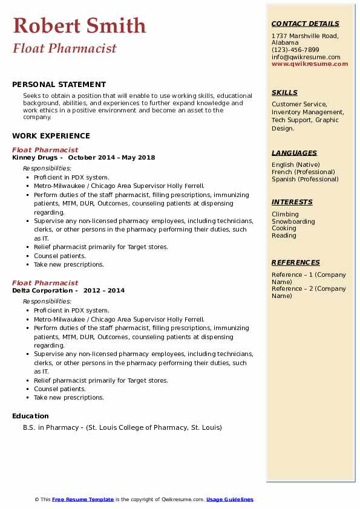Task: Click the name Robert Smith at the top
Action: point(79,25)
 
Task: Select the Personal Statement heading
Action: point(59,85)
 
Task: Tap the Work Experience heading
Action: point(51,136)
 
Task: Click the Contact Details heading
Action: point(305,24)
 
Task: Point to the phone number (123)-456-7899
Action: point(295,50)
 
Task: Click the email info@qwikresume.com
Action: point(306,57)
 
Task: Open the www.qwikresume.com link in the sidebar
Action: point(310,63)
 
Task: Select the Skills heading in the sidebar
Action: point(284,92)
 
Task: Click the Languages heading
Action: point(294,153)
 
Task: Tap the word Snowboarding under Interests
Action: point(293,221)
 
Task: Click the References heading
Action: point(296,262)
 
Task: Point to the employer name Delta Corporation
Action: point(44,290)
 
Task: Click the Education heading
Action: point(30,416)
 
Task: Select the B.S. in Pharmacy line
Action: point(123,427)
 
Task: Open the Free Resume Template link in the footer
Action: point(83,499)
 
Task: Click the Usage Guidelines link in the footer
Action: point(229,499)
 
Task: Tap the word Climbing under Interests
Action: point(285,214)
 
